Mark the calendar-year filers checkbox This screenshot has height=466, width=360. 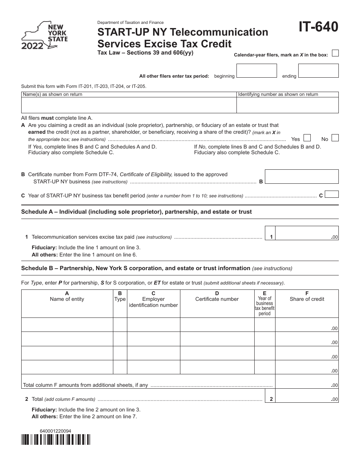(335, 53)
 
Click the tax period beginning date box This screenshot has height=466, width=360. (257, 71)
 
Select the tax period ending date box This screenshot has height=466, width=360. (318, 71)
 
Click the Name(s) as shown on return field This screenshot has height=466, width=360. (129, 105)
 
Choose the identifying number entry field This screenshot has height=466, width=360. (287, 105)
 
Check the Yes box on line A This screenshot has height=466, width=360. (308, 138)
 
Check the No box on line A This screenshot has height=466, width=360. (335, 138)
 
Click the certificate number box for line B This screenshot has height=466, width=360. (302, 177)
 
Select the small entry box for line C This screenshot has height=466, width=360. (332, 194)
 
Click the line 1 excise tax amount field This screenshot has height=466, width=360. (307, 233)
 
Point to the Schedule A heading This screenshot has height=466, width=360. (136, 212)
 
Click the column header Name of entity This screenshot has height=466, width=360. (67, 299)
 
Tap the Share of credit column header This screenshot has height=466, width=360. (307, 299)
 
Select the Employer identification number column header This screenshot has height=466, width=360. (153, 302)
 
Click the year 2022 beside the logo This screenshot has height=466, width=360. (32, 47)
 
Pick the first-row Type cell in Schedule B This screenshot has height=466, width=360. (120, 325)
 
